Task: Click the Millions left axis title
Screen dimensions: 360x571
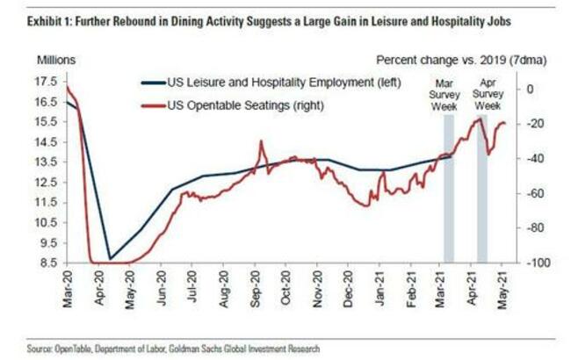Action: pos(55,60)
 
